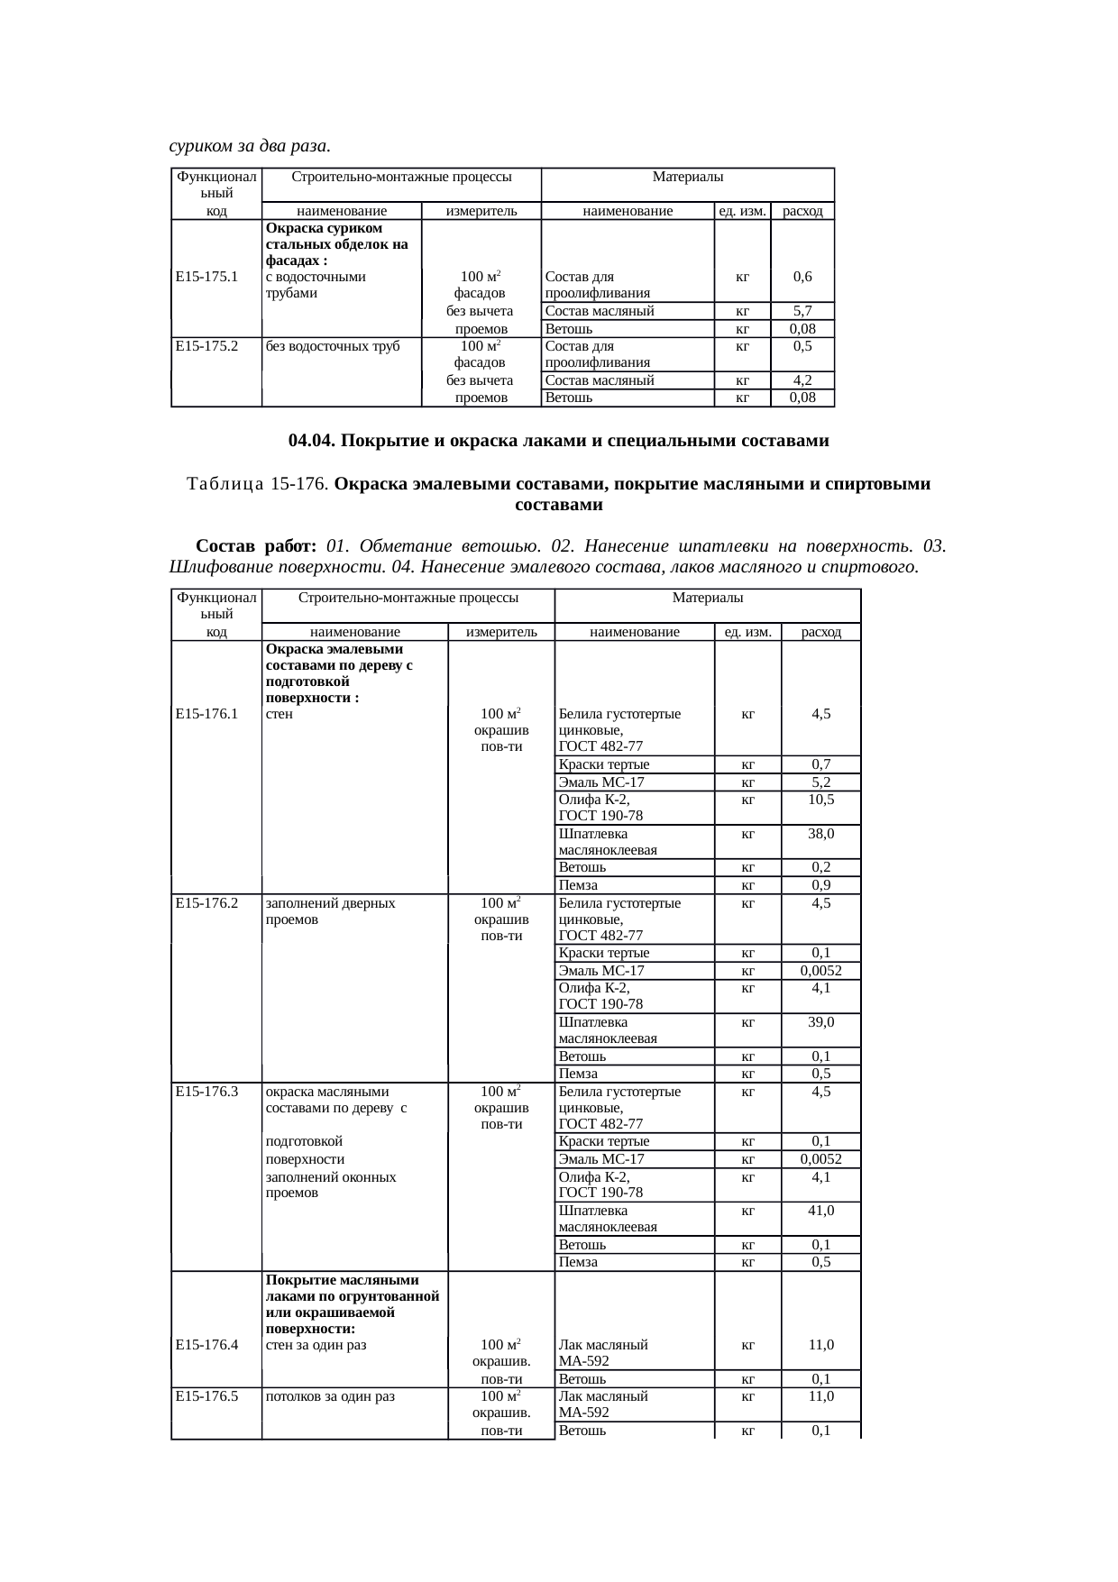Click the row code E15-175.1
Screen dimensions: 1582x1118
point(206,277)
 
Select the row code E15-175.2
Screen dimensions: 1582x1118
point(206,346)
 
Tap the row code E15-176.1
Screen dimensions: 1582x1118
point(207,714)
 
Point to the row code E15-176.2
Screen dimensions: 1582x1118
point(207,903)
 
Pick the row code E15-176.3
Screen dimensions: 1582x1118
point(207,1092)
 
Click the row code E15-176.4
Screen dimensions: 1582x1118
point(207,1345)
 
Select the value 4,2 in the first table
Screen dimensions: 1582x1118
point(802,381)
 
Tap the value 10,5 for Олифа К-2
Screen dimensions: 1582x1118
point(820,800)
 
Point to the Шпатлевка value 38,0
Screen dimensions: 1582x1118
point(820,834)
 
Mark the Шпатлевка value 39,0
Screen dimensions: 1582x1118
point(820,1022)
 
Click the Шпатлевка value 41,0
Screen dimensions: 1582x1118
point(820,1212)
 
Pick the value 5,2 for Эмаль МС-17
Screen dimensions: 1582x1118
point(820,782)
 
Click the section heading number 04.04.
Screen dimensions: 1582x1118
point(312,442)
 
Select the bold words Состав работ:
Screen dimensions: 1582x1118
point(255,546)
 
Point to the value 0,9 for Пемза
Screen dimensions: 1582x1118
point(820,885)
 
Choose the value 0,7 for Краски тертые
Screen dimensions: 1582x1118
point(820,765)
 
